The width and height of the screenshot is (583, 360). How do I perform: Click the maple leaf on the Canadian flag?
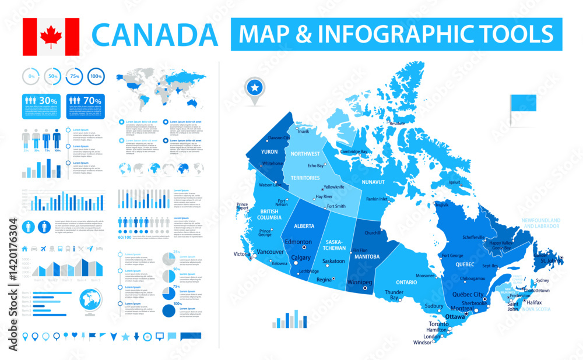51,36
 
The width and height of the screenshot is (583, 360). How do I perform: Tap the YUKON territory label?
269,151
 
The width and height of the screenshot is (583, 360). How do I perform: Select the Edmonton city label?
298,242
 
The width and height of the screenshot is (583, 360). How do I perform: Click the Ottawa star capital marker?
466,315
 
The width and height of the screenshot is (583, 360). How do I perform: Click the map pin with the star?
255,89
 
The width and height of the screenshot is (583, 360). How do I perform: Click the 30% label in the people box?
48,101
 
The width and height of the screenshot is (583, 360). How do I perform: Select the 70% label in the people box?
92,101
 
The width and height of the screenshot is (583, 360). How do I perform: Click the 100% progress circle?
96,77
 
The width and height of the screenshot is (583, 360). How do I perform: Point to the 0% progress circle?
31,77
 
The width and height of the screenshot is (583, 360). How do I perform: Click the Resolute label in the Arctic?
397,123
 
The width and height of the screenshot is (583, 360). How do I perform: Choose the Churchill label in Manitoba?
373,233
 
